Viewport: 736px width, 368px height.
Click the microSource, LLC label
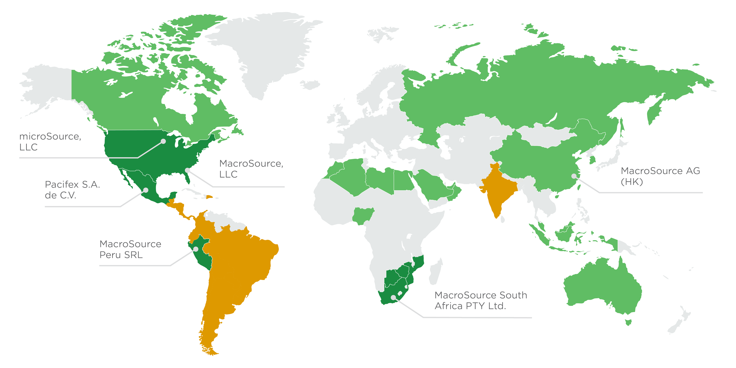(x=50, y=142)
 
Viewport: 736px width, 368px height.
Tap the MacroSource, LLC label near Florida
(x=251, y=169)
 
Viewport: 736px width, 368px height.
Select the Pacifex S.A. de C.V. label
(x=72, y=190)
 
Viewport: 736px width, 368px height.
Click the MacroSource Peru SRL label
(x=130, y=249)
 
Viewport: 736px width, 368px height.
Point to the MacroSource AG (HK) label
(x=660, y=176)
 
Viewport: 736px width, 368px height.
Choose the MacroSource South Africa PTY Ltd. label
(x=480, y=300)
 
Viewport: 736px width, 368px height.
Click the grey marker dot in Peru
(x=196, y=249)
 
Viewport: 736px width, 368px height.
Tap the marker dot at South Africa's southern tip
(x=393, y=298)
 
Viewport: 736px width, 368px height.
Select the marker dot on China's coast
(x=574, y=176)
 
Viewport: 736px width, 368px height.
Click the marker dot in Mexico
(x=146, y=190)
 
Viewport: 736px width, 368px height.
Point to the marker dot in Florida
(x=187, y=170)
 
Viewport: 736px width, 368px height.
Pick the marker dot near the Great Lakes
(x=163, y=141)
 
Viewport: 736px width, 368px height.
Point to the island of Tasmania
(x=628, y=322)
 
